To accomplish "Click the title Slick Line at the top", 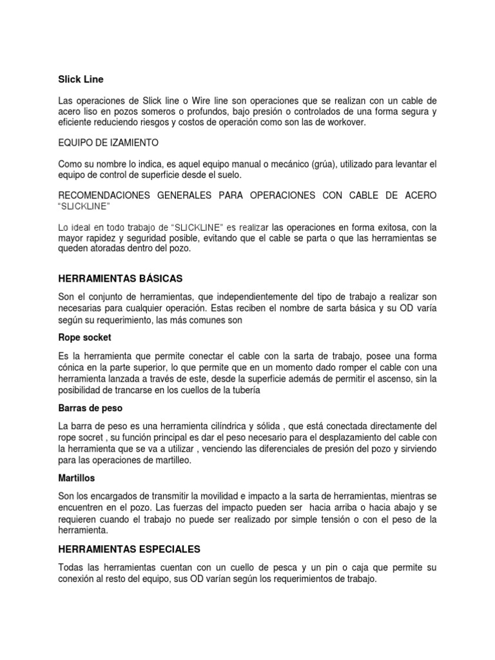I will pos(81,79).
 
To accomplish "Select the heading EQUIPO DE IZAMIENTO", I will pos(108,142).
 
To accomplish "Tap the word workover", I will pos(345,122).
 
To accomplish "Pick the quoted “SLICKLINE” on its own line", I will pos(84,206).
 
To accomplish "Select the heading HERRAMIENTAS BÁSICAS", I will pos(121,278).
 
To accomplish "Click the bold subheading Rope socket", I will pos(84,337).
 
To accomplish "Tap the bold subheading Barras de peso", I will pos(90,408).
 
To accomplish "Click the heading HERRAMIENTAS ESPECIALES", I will pos(130,549).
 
